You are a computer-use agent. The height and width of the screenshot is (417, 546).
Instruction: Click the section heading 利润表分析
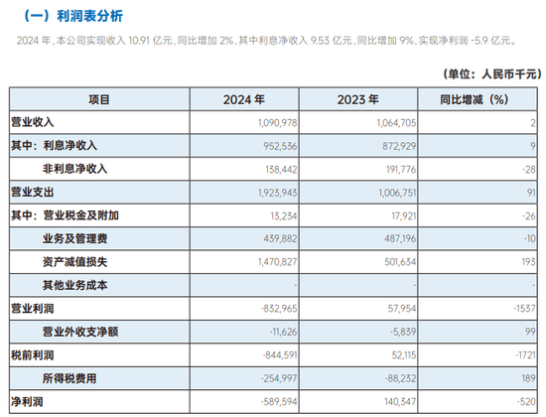tap(89, 16)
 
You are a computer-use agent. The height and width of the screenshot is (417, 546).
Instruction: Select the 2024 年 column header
tap(244, 99)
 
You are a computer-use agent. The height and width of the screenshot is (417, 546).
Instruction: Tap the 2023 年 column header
tap(357, 99)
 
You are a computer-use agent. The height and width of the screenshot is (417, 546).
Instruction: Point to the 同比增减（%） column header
tap(475, 99)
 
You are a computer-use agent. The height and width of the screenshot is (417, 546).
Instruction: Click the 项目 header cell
tap(99, 99)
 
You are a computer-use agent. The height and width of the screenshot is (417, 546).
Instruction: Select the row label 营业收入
tap(33, 122)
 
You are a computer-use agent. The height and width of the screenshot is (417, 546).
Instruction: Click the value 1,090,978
tap(278, 123)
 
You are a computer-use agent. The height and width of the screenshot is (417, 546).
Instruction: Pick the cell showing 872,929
tap(399, 146)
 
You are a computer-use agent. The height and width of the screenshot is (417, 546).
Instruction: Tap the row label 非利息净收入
tap(74, 169)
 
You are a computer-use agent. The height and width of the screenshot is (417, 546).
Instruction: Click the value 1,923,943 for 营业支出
tap(278, 193)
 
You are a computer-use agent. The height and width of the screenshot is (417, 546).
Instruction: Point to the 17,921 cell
tap(404, 216)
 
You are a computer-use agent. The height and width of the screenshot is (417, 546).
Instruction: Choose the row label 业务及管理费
tap(74, 239)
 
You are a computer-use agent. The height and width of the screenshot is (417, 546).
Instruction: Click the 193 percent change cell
tap(528, 262)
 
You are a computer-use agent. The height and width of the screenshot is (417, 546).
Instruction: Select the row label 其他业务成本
tap(74, 285)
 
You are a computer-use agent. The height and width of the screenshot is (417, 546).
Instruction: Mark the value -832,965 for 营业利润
tap(279, 309)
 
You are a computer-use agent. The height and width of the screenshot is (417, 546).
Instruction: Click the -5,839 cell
tap(403, 332)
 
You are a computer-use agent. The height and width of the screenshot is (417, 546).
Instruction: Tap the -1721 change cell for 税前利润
tap(526, 355)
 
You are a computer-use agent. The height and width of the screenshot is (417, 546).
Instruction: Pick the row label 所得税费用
tap(69, 378)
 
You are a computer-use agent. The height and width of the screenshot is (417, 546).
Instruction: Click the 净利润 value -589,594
tap(279, 402)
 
